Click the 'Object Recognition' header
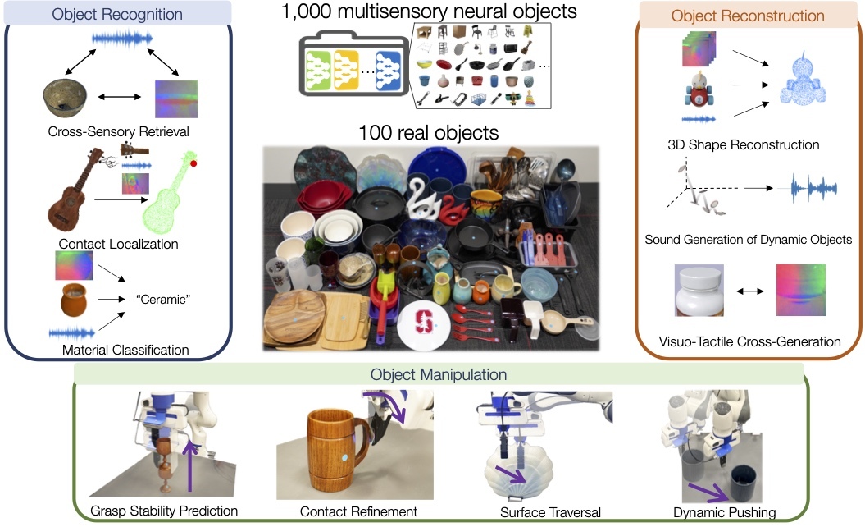117,14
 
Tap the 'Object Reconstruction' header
747,16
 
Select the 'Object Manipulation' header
438,374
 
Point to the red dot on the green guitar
193,163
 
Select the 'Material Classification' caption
125,350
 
